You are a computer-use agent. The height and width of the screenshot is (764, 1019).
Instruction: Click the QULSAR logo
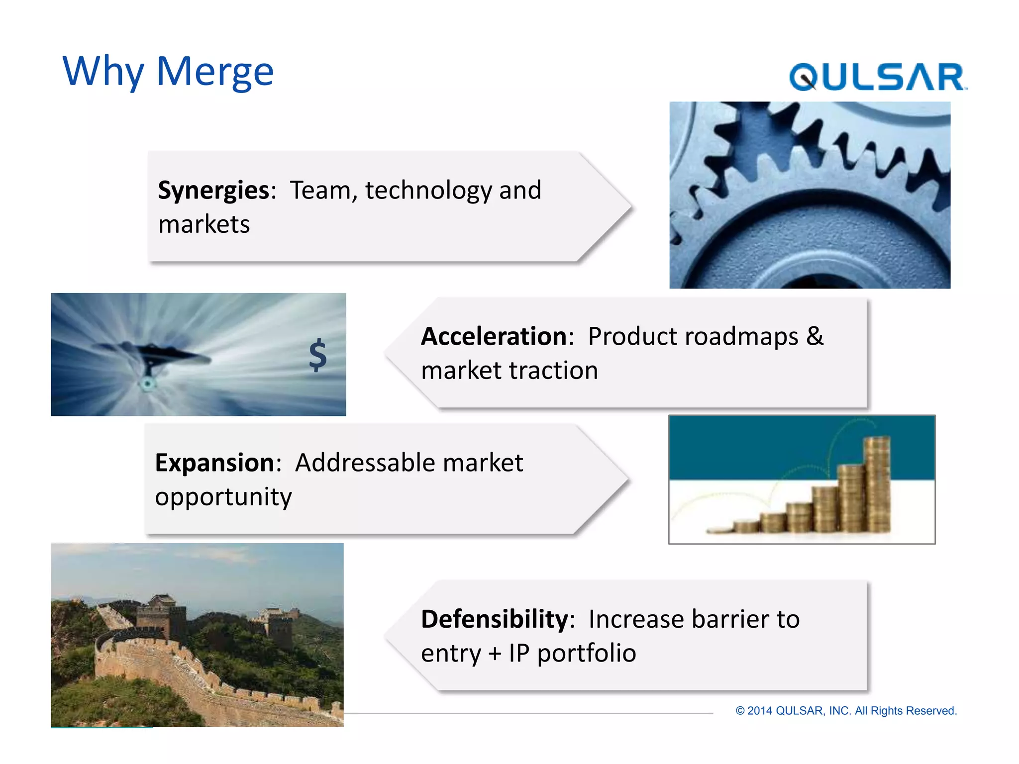click(878, 77)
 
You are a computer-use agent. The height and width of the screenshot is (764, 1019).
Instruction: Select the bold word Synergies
click(213, 191)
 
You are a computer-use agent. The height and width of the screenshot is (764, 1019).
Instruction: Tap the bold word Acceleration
click(494, 336)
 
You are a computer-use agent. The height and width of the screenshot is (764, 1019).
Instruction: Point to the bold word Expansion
click(214, 463)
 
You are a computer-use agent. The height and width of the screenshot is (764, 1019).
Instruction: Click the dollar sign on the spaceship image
click(317, 355)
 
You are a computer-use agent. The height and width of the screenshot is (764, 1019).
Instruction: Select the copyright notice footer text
click(846, 711)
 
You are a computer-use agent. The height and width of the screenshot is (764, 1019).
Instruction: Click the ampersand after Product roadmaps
click(815, 336)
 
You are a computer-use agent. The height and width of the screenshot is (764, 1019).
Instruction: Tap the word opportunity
click(223, 497)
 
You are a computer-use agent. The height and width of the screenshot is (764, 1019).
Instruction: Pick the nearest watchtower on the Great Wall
click(160, 617)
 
